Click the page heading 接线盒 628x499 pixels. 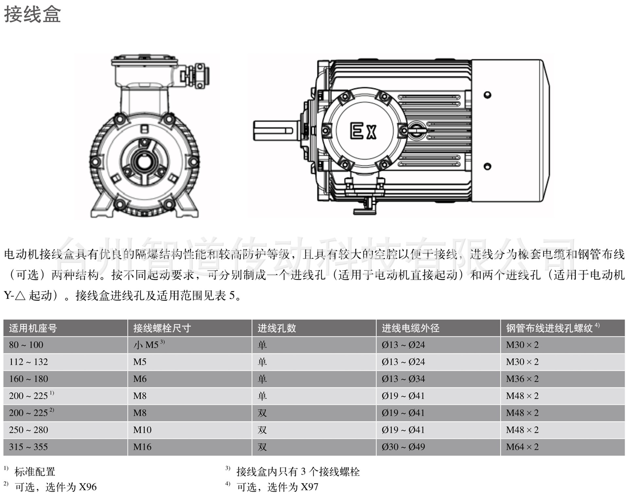pyautogui.click(x=32, y=15)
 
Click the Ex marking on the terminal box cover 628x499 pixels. pyautogui.click(x=363, y=131)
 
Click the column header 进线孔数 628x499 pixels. pyautogui.click(x=276, y=328)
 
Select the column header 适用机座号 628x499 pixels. pyautogui.click(x=33, y=328)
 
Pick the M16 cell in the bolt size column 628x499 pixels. pyautogui.click(x=142, y=447)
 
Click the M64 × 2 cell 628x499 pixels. pyautogui.click(x=522, y=447)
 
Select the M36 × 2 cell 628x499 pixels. pyautogui.click(x=522, y=379)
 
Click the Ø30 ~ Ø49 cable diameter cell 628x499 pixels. pyautogui.click(x=403, y=447)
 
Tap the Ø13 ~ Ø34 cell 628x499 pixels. pyautogui.click(x=403, y=379)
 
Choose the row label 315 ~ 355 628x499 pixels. pyautogui.click(x=28, y=447)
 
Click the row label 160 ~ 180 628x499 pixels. pyautogui.click(x=28, y=379)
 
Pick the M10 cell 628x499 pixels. pyautogui.click(x=142, y=430)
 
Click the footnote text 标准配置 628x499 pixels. pyautogui.click(x=35, y=472)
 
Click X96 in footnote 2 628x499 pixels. pyautogui.click(x=88, y=487)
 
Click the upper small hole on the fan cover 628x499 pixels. pyautogui.click(x=487, y=95)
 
